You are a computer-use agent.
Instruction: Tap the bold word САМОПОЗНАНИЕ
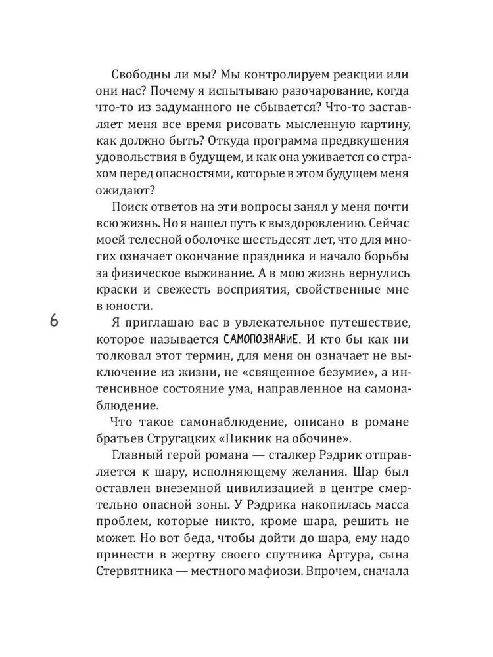[260, 340]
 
